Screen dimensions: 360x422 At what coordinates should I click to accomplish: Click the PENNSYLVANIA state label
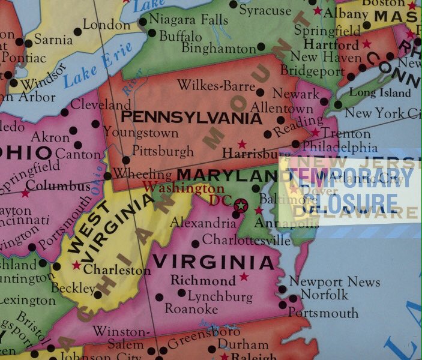point(191,118)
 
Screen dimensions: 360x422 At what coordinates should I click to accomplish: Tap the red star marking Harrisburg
point(242,145)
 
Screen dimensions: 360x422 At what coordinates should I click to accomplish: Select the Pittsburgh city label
point(162,150)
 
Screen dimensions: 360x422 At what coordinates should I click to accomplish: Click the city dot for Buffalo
point(152,34)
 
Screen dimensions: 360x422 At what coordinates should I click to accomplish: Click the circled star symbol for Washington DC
point(241,206)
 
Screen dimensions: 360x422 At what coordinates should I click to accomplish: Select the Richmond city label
point(203,280)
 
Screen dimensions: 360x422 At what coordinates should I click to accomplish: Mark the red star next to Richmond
point(244,277)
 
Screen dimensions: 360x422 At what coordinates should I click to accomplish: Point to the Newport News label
point(334,281)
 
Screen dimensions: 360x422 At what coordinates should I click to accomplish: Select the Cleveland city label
point(101,104)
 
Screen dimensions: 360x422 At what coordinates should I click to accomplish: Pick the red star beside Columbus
point(25,193)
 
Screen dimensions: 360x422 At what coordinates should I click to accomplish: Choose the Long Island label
point(380,93)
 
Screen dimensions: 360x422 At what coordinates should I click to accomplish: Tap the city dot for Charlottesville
point(195,244)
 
